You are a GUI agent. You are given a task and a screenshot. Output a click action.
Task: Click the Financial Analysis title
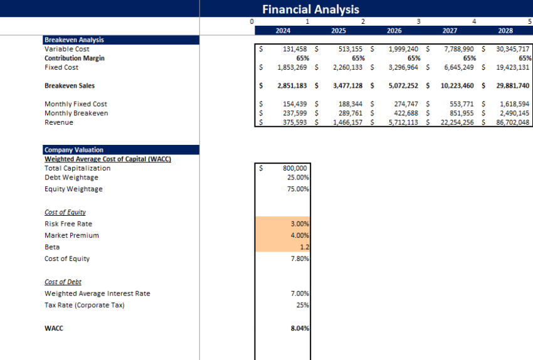coord(310,9)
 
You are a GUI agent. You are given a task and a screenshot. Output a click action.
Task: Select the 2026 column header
coord(394,30)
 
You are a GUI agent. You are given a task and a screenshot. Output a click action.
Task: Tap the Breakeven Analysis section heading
coord(74,40)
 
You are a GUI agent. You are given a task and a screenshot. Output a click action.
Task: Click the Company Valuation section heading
coord(74,150)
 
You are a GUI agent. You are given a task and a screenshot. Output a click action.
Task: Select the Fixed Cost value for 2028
coord(512,67)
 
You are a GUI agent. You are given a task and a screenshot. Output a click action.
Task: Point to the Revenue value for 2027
coord(456,122)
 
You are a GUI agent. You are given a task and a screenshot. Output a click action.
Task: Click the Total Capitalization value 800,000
coord(294,168)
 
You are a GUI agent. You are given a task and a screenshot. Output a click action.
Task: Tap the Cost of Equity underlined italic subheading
coord(65,212)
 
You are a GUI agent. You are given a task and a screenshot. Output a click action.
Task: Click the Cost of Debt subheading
coord(63,282)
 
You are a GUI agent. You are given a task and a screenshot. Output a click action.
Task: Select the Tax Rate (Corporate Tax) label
coord(85,305)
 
